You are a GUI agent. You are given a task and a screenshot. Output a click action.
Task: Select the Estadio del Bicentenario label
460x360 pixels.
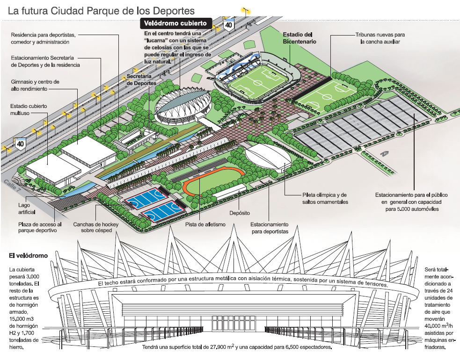click(x=299, y=38)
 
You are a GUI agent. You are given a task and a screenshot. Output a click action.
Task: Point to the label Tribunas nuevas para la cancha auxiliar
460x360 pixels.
click(x=380, y=38)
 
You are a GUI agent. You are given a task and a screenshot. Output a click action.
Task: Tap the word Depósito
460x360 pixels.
click(x=239, y=213)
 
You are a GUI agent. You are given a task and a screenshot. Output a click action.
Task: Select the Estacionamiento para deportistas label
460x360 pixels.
click(x=269, y=228)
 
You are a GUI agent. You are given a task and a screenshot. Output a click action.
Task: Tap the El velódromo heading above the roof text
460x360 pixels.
click(x=28, y=256)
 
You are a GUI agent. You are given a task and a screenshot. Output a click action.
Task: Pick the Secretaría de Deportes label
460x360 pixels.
click(x=142, y=79)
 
